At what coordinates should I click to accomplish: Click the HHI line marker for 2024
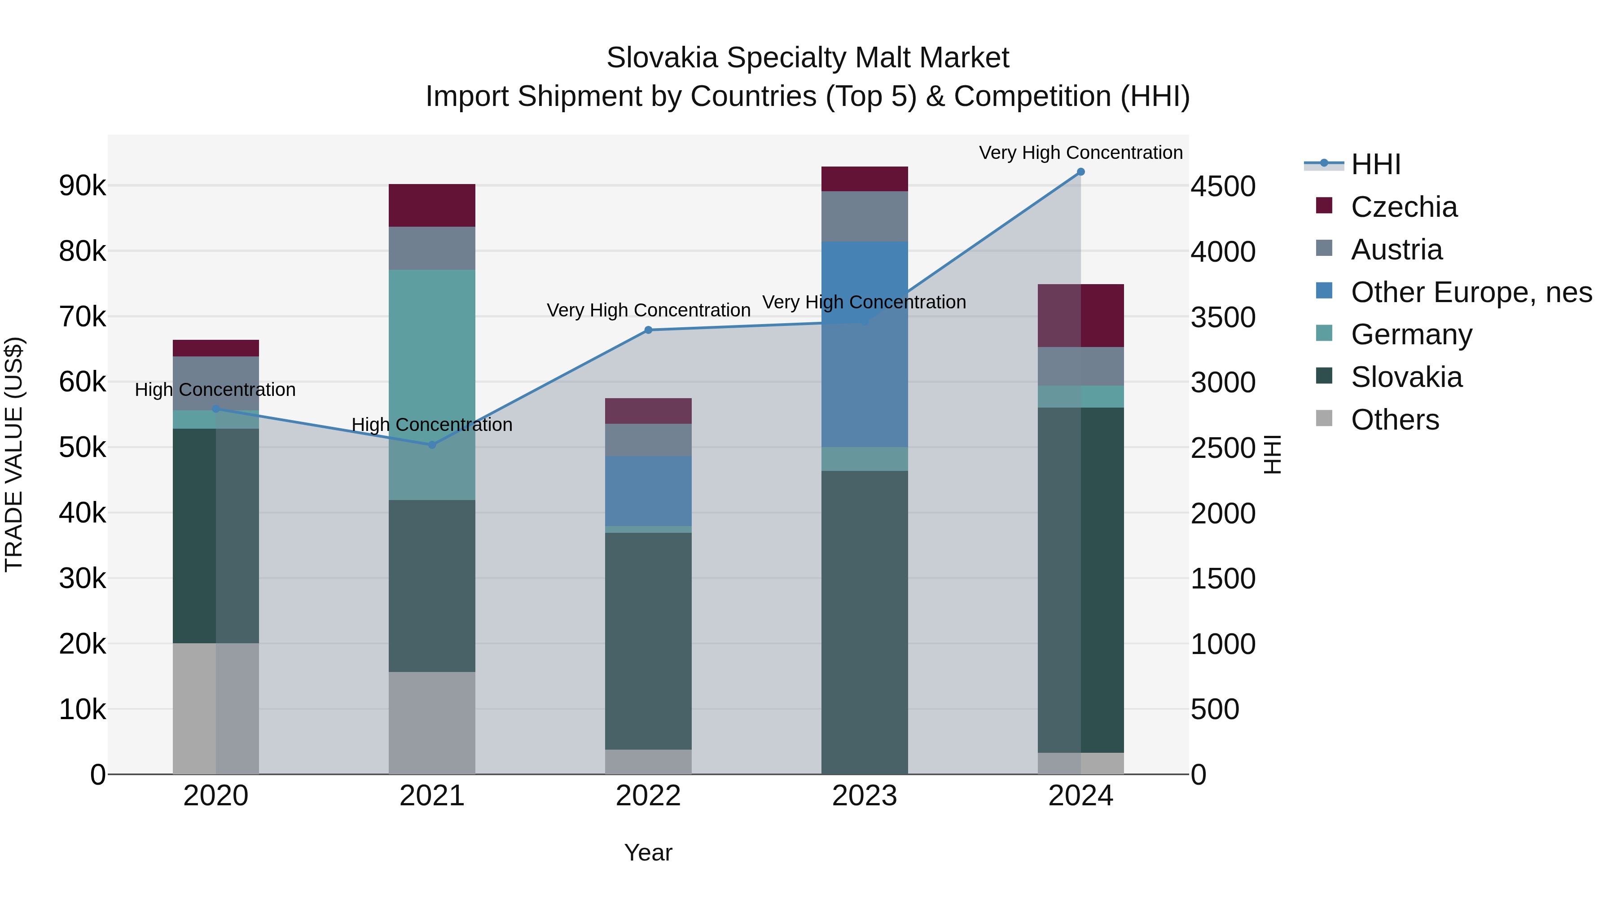point(1080,172)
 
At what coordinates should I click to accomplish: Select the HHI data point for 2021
point(431,445)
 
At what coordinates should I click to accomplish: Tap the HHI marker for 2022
point(648,330)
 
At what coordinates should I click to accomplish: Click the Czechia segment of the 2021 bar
point(431,205)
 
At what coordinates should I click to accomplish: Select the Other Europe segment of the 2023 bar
point(865,344)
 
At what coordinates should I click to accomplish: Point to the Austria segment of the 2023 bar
point(865,216)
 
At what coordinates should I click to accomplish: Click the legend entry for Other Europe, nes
point(1471,292)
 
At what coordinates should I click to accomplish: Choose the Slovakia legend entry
point(1406,378)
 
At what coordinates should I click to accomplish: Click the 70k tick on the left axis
point(82,317)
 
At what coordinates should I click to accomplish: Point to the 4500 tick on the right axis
point(1223,186)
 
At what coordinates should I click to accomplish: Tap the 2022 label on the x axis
point(648,796)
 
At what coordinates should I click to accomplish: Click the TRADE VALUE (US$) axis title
point(14,454)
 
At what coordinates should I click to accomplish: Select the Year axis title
point(648,852)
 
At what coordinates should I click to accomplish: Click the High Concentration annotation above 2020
point(215,390)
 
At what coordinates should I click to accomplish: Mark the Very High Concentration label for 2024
point(1080,153)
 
